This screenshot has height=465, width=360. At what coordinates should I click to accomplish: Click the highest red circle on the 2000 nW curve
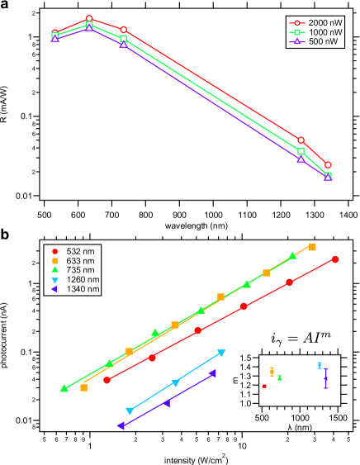pyautogui.click(x=89, y=18)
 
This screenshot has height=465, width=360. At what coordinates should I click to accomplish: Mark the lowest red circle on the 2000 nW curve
pyautogui.click(x=328, y=165)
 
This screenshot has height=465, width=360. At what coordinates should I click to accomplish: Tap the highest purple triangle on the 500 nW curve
pyautogui.click(x=89, y=28)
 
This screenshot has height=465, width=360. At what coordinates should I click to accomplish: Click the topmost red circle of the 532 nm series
pyautogui.click(x=335, y=259)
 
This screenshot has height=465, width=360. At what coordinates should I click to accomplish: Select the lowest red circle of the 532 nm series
pyautogui.click(x=107, y=380)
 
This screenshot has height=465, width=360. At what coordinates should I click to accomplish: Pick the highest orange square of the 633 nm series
pyautogui.click(x=312, y=246)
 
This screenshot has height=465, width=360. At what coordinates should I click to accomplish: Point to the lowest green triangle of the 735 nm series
pyautogui.click(x=64, y=388)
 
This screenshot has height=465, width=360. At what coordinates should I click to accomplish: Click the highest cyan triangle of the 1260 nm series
pyautogui.click(x=221, y=353)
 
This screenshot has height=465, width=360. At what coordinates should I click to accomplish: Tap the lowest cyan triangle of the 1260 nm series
pyautogui.click(x=129, y=410)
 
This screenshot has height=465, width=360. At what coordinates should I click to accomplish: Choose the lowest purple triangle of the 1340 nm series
pyautogui.click(x=121, y=425)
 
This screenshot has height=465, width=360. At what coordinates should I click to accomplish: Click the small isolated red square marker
pyautogui.click(x=264, y=386)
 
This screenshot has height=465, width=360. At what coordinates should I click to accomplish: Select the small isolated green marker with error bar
pyautogui.click(x=279, y=377)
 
